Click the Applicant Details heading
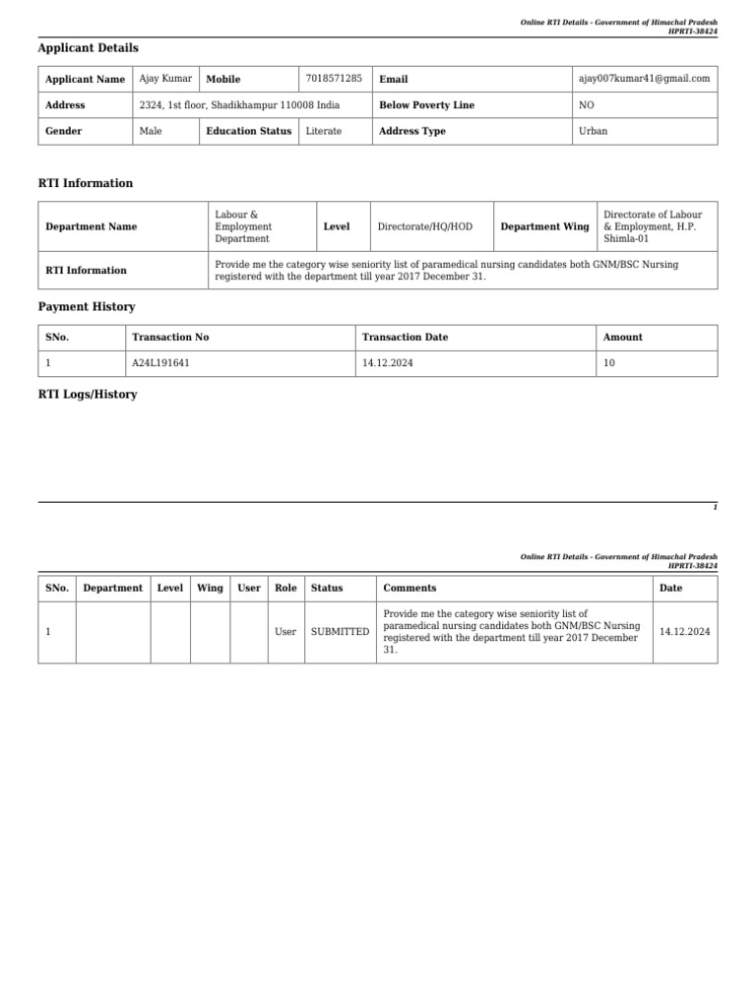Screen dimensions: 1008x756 [88, 48]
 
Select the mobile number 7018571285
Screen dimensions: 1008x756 [334, 78]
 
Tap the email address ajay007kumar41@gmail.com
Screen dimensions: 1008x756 [646, 79]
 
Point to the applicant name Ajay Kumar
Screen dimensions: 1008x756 [165, 78]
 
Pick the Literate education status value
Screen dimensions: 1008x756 [324, 131]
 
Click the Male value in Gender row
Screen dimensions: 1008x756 [152, 131]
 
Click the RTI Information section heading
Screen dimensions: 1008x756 [85, 183]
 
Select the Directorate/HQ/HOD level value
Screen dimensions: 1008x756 [424, 226]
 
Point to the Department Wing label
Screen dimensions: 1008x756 [544, 226]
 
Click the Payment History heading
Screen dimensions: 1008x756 [86, 307]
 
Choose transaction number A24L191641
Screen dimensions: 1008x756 [160, 363]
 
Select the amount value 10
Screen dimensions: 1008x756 [608, 363]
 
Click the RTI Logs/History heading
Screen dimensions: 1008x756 [87, 395]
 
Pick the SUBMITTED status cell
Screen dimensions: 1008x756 [340, 631]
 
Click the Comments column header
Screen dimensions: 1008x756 [409, 588]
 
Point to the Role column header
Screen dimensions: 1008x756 [285, 588]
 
